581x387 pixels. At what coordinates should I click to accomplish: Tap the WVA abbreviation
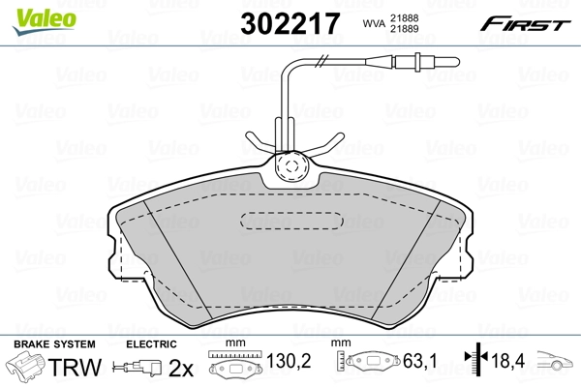pos(369,22)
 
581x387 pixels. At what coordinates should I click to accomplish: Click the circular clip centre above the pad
pos(288,167)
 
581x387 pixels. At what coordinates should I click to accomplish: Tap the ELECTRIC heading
pos(152,343)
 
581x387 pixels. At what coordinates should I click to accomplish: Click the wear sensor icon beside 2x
pos(137,369)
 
